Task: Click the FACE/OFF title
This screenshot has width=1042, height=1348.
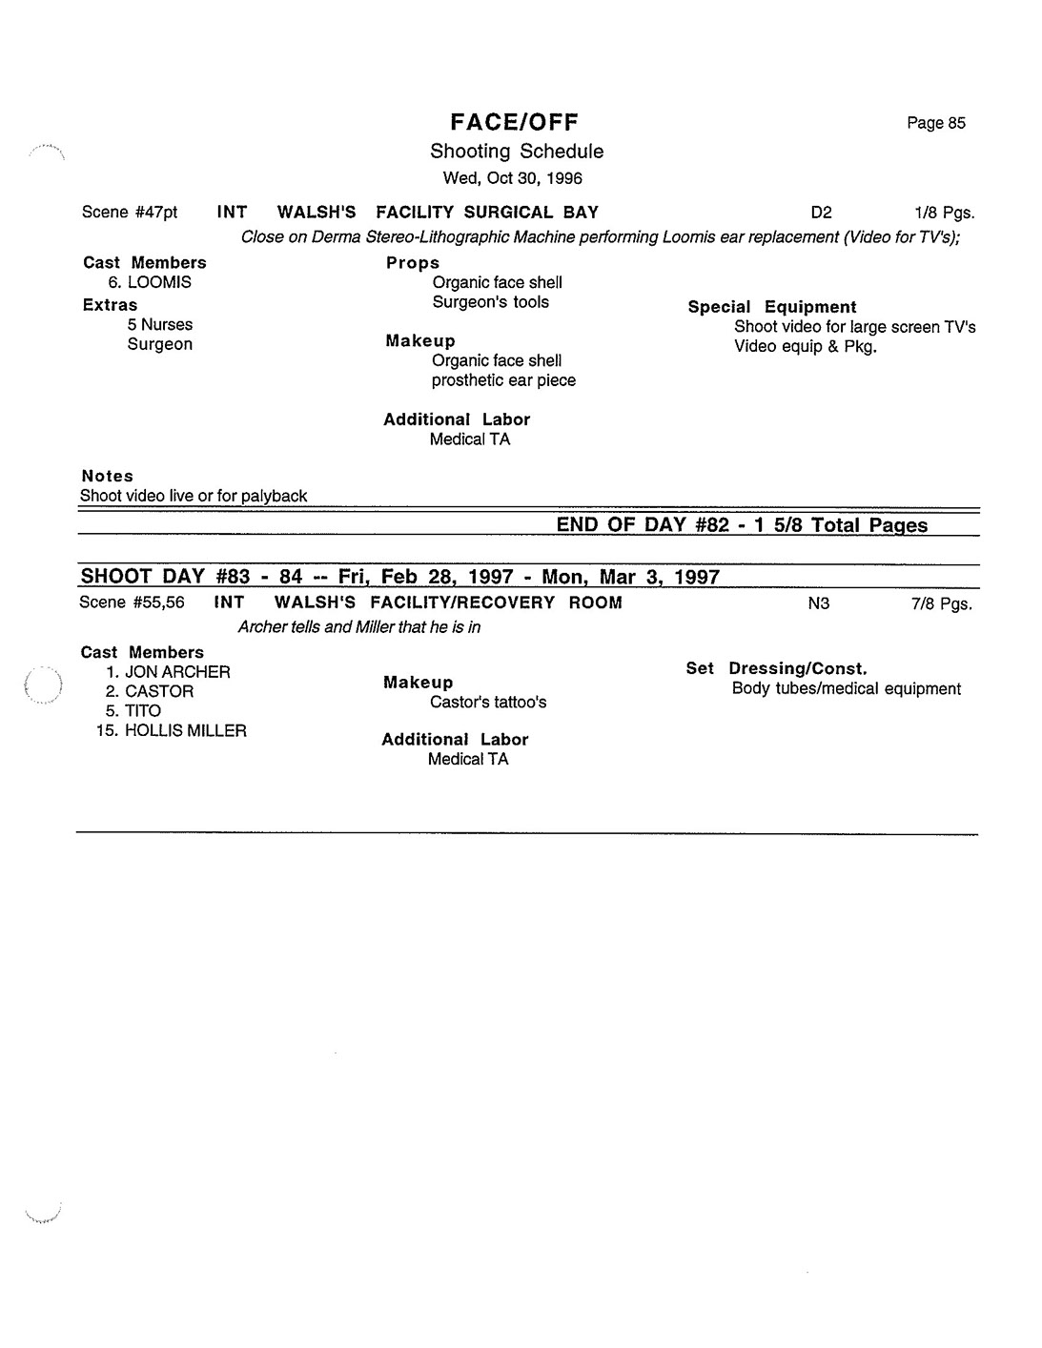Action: (x=515, y=122)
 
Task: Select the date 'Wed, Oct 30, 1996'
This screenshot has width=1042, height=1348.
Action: (x=513, y=178)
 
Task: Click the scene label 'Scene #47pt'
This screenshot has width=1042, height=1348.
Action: (x=130, y=213)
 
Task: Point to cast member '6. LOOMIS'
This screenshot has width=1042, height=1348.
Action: (x=150, y=282)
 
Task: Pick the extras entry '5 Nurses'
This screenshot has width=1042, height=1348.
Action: (x=159, y=324)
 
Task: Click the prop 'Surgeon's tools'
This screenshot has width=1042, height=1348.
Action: (x=490, y=302)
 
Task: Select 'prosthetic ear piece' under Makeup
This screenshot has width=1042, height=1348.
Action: (x=503, y=380)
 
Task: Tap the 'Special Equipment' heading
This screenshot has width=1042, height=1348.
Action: (x=771, y=307)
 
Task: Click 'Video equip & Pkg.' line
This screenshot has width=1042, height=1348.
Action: (x=805, y=346)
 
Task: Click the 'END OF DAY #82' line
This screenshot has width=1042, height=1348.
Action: (x=741, y=525)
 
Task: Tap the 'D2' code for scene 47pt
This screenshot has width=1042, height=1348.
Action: (x=820, y=214)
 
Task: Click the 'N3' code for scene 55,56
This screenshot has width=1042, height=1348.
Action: (x=818, y=603)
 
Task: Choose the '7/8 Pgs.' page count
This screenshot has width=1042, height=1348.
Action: (x=941, y=603)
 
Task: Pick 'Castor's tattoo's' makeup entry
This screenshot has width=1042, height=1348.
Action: (x=487, y=703)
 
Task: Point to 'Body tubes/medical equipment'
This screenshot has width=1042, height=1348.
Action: (x=846, y=689)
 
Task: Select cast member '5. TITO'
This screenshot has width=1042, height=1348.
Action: (x=133, y=711)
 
